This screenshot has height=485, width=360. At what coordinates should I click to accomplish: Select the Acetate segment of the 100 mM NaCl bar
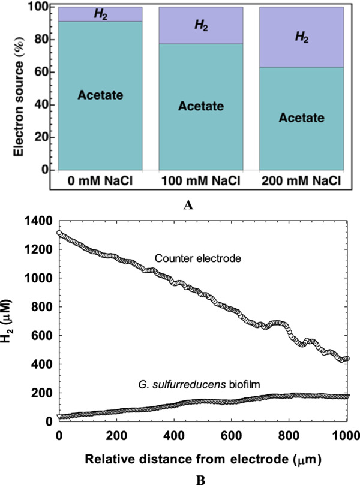[193, 107]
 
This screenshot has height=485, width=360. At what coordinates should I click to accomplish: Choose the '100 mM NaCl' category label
[193, 179]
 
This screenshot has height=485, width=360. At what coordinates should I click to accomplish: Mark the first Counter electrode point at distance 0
[59, 233]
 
